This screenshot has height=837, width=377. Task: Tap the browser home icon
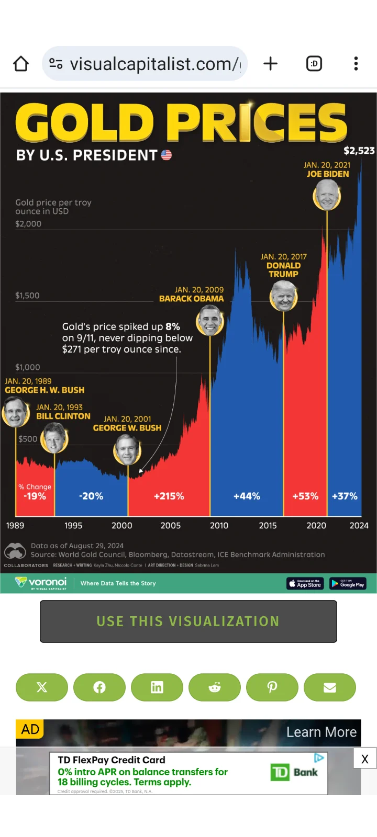click(x=21, y=64)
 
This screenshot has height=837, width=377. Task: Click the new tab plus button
click(x=270, y=64)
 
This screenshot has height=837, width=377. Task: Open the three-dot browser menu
click(x=356, y=64)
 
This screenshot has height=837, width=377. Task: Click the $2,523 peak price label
click(x=359, y=151)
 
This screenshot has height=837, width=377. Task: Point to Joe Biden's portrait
click(x=327, y=195)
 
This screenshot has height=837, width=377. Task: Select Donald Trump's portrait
click(x=284, y=296)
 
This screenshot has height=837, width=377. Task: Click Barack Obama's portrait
click(x=210, y=321)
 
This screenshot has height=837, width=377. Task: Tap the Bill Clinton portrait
click(x=55, y=438)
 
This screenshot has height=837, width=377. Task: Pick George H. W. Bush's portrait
click(x=16, y=412)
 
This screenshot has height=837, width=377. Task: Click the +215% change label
click(x=169, y=496)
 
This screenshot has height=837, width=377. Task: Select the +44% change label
click(x=247, y=496)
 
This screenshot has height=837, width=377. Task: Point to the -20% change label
click(x=91, y=496)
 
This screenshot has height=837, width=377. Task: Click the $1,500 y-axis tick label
click(x=27, y=296)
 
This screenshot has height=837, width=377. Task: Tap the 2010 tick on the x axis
click(x=219, y=525)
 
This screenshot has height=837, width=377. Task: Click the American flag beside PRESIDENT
click(x=167, y=155)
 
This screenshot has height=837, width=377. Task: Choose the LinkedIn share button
click(x=157, y=687)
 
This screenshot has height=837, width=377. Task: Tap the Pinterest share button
click(x=272, y=687)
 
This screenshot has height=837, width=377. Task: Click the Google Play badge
click(x=348, y=583)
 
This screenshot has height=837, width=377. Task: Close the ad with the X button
click(x=365, y=759)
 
